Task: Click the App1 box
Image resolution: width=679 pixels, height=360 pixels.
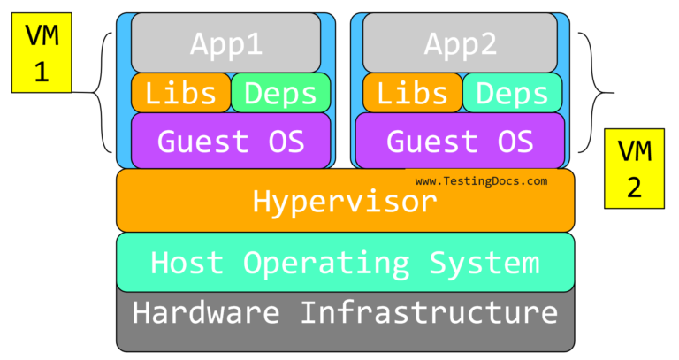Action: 225,42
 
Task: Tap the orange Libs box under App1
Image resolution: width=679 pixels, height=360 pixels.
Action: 180,93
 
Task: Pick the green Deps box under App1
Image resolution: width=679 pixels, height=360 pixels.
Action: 280,93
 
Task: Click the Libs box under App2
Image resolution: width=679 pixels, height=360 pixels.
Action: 412,93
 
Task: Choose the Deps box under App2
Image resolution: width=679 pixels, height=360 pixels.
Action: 512,93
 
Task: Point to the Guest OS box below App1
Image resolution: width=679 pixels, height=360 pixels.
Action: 230,141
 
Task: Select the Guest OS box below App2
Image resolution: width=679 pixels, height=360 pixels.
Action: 460,141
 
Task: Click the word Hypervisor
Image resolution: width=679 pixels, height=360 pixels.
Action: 345,203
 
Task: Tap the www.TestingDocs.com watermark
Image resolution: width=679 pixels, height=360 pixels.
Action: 481,180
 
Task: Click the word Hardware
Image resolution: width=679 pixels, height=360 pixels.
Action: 205,312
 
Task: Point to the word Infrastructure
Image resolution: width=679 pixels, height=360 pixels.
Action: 429,312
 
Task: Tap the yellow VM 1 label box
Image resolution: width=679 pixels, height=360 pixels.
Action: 40,52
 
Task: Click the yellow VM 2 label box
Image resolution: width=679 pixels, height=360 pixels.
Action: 634,168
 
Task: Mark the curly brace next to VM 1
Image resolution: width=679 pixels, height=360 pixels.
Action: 104,92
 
